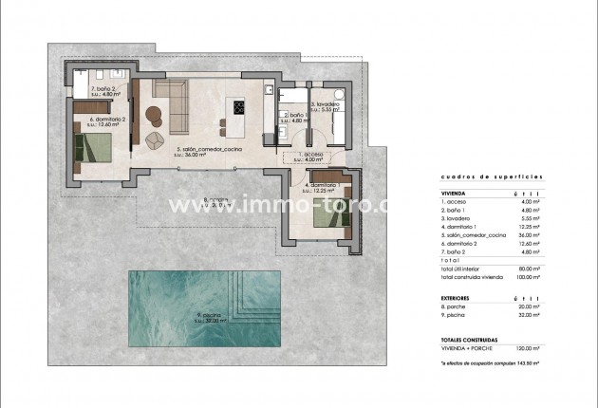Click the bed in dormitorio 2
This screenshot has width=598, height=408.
pyautogui.click(x=95, y=149)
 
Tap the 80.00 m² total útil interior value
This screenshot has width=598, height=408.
pyautogui.click(x=529, y=269)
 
